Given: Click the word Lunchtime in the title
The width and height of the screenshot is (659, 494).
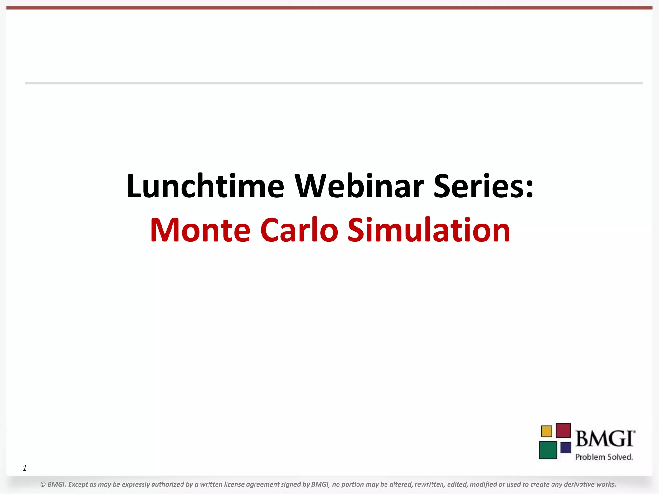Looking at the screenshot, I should coord(205,187).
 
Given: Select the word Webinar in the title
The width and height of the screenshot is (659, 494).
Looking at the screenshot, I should coord(359,187).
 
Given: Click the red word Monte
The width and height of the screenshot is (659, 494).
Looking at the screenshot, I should coord(200,230).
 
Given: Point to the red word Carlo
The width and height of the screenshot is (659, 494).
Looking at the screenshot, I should coord(299,230).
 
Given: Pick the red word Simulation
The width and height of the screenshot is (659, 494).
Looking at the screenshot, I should coord(429,230).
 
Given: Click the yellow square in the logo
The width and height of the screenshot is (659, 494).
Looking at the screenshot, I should coord(546,431).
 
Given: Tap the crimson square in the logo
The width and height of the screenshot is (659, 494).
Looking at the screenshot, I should coord(563,430).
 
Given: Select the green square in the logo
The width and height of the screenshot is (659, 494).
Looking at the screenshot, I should coord(548,450).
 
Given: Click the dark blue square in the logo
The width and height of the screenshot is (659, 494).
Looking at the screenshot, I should coord(566,447).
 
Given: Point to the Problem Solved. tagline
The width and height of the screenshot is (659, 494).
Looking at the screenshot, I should coord(604,457).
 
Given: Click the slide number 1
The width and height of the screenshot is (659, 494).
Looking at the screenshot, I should coord(25,468).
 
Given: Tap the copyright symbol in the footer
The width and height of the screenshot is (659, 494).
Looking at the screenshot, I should coord(43,484).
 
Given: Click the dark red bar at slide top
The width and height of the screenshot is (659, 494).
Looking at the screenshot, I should coord(329,8).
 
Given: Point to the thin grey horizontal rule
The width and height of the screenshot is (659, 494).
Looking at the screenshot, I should coord(334,83).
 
